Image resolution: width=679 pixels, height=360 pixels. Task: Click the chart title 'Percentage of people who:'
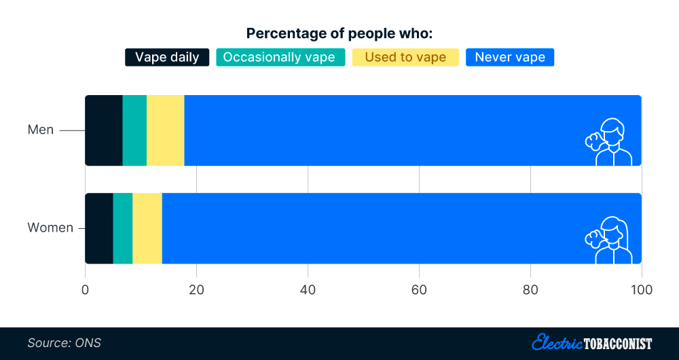coord(339,33)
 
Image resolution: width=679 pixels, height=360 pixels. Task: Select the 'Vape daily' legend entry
coord(167,57)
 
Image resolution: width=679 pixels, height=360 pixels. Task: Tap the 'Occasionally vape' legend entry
coord(279,57)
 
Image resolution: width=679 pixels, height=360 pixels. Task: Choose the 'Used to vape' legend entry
coord(405,57)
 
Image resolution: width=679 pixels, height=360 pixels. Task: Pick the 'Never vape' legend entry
coord(510,57)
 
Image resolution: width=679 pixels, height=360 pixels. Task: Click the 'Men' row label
coord(41,130)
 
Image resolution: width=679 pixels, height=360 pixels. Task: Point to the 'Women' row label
coord(50,228)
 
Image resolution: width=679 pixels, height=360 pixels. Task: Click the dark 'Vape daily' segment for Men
coord(104,130)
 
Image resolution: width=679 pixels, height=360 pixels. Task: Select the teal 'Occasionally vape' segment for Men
coord(134,130)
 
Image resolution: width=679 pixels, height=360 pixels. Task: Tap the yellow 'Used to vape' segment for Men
coord(165,130)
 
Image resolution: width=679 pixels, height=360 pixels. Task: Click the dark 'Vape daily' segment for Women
coord(99,228)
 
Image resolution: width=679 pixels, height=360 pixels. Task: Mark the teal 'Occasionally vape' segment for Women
coord(123,228)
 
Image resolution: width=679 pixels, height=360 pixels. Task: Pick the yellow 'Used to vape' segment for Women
coord(147,228)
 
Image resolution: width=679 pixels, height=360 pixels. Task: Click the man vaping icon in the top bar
coord(608,141)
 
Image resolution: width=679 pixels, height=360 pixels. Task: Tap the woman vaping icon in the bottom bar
coord(608,239)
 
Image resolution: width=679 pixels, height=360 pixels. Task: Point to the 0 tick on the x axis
coord(86,290)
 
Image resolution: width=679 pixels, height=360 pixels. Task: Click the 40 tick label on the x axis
coord(308,290)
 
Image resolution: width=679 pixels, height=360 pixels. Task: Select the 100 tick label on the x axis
coord(641,290)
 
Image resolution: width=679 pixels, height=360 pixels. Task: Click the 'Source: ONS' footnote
coord(65,343)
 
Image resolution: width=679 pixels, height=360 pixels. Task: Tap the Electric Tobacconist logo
coord(592,342)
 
